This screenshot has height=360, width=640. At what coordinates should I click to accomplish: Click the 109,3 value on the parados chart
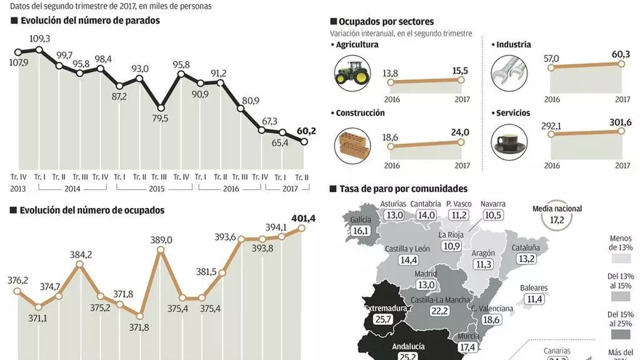click(39, 39)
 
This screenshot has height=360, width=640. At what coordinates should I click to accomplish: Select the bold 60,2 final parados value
click(305, 131)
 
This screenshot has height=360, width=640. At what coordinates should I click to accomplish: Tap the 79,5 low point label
click(161, 119)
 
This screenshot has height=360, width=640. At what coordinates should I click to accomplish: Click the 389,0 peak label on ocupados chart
click(161, 240)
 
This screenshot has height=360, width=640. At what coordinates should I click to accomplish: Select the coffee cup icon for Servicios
click(508, 141)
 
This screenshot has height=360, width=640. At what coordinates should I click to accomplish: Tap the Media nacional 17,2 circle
click(556, 217)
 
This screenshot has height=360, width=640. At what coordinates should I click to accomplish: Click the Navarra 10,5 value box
click(493, 215)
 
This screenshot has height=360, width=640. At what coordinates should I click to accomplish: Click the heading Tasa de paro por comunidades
click(403, 188)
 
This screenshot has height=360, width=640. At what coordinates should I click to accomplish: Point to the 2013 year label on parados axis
click(18, 188)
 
